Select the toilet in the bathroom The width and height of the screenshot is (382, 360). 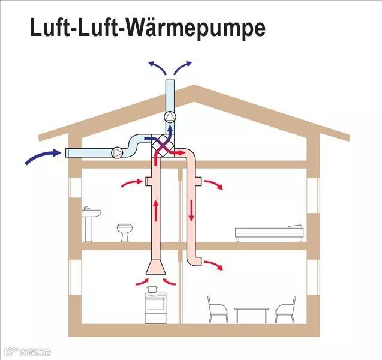pyautogui.click(x=125, y=232)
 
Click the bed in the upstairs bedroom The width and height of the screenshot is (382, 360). pyautogui.click(x=269, y=232)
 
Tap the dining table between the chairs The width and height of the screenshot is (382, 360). pyautogui.click(x=251, y=313)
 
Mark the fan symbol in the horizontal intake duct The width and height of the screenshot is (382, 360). pyautogui.click(x=117, y=152)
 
